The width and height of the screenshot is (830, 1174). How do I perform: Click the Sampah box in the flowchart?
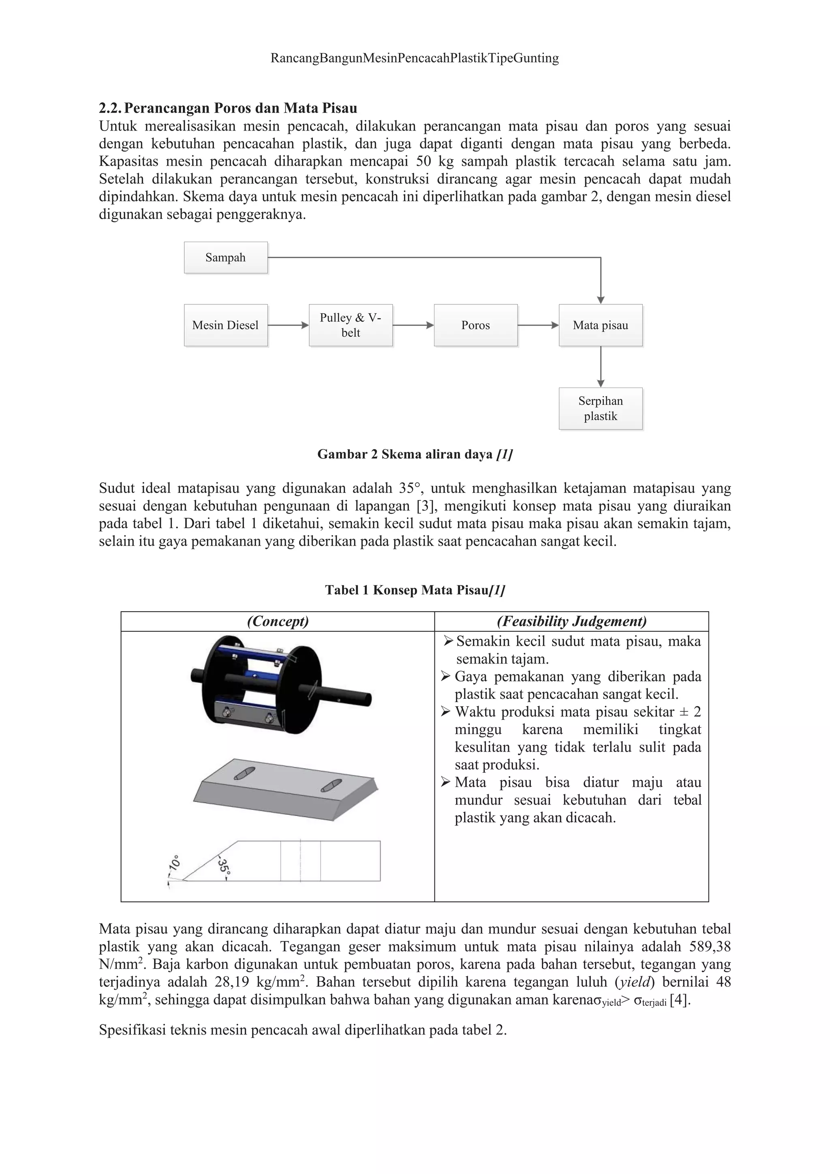tap(225, 258)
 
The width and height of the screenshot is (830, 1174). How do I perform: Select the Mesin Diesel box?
tap(225, 325)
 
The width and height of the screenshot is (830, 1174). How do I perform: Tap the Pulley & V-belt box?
tap(351, 325)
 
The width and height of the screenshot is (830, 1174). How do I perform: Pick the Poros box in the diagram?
tap(475, 325)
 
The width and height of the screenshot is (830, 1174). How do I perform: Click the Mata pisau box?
tap(601, 325)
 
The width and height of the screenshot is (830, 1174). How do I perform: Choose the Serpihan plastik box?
tap(601, 409)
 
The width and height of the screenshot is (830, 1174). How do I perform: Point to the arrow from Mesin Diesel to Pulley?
tap(288, 325)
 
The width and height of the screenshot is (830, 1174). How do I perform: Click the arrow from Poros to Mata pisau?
tap(538, 325)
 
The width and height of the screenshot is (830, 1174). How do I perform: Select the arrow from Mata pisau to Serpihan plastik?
tap(601, 366)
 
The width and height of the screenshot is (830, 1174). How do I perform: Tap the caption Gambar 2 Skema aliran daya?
tap(415, 454)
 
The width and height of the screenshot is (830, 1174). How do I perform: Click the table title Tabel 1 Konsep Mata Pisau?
tap(415, 590)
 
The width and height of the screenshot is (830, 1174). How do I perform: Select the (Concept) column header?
tap(278, 621)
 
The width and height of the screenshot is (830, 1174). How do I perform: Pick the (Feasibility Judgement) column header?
tap(571, 621)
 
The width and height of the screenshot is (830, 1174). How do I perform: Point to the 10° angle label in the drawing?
tap(174, 863)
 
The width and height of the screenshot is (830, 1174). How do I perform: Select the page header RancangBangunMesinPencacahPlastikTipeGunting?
tap(415, 58)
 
